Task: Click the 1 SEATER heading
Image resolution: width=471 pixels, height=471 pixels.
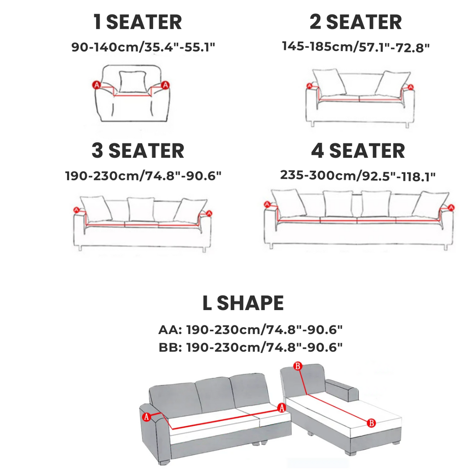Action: coord(138,22)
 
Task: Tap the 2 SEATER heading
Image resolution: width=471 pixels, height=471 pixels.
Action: coord(356,22)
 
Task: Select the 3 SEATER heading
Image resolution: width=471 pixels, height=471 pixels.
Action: coord(138,150)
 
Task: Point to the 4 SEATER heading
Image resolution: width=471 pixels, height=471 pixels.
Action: coord(358,150)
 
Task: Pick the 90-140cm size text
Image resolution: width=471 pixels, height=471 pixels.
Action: coord(144,47)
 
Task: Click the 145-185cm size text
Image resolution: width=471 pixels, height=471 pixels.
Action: coord(356,47)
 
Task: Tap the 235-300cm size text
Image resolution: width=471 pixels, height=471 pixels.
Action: coord(358,176)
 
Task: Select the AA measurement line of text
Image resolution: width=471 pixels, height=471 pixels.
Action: coord(250,329)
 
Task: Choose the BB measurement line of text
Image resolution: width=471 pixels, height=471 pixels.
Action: coord(250,347)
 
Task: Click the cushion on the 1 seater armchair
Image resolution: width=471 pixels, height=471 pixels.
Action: coord(133,81)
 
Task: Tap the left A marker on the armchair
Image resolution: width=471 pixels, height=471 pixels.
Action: coord(97,85)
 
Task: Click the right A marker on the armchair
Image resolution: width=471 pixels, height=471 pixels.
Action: coord(165,85)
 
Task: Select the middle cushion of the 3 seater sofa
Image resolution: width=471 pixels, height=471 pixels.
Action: coord(141,209)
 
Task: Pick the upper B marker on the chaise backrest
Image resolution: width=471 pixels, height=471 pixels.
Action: coord(298,366)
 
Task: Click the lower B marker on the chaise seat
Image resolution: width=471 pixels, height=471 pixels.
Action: coord(371,423)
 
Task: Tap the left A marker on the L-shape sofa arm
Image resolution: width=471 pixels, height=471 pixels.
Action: coord(146,417)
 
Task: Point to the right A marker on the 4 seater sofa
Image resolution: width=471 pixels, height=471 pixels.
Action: coord(451,207)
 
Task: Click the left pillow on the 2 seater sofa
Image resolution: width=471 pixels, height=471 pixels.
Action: coord(329,83)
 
